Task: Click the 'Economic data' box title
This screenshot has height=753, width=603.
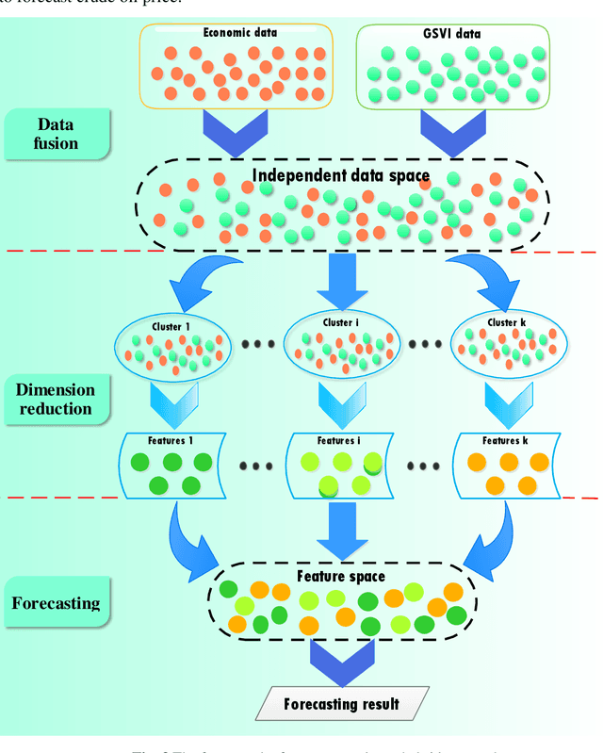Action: tap(240, 33)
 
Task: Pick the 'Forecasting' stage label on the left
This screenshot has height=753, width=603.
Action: tap(57, 602)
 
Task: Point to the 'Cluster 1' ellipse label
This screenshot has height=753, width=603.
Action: tap(171, 327)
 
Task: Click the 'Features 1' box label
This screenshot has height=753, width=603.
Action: tap(171, 441)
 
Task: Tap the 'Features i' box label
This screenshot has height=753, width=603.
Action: tap(339, 441)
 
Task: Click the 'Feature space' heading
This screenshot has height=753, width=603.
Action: tap(340, 575)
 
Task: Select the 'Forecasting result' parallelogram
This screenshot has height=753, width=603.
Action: tap(342, 703)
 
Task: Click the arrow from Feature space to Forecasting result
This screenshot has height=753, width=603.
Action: tap(342, 661)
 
